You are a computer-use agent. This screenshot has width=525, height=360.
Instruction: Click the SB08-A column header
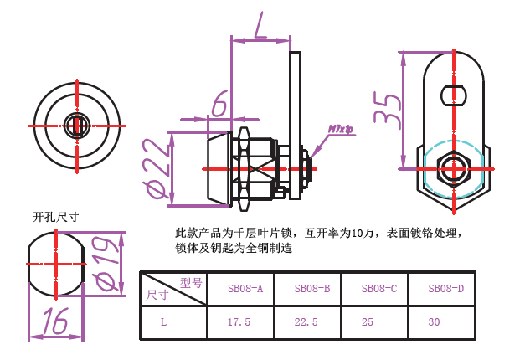(245, 288)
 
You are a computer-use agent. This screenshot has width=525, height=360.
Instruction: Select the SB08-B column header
(312, 288)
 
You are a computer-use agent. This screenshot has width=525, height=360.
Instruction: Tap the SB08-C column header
(379, 288)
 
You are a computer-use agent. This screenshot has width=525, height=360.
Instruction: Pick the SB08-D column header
(446, 288)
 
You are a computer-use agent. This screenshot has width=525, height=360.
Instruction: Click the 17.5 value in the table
(239, 322)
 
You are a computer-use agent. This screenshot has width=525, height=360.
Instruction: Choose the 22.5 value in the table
(306, 322)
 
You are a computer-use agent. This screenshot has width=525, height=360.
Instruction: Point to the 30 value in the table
(434, 322)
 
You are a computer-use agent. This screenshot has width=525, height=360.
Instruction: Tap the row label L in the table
(163, 322)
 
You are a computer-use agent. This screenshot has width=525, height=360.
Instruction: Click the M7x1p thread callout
(341, 129)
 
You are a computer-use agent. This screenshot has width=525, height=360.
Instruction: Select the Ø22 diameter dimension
(155, 169)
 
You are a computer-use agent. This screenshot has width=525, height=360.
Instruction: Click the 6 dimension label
(219, 103)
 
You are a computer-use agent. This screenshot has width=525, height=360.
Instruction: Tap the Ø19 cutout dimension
(107, 264)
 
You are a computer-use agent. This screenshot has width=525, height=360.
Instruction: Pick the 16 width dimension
(55, 321)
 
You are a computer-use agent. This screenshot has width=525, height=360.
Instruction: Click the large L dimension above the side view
(260, 25)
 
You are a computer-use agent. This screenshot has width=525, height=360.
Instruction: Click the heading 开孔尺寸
(56, 218)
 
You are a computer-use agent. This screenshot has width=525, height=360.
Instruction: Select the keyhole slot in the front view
(77, 126)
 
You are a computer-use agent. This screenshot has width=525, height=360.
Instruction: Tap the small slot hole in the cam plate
(454, 95)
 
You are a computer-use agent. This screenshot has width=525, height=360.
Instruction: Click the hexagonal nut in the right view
(454, 169)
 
